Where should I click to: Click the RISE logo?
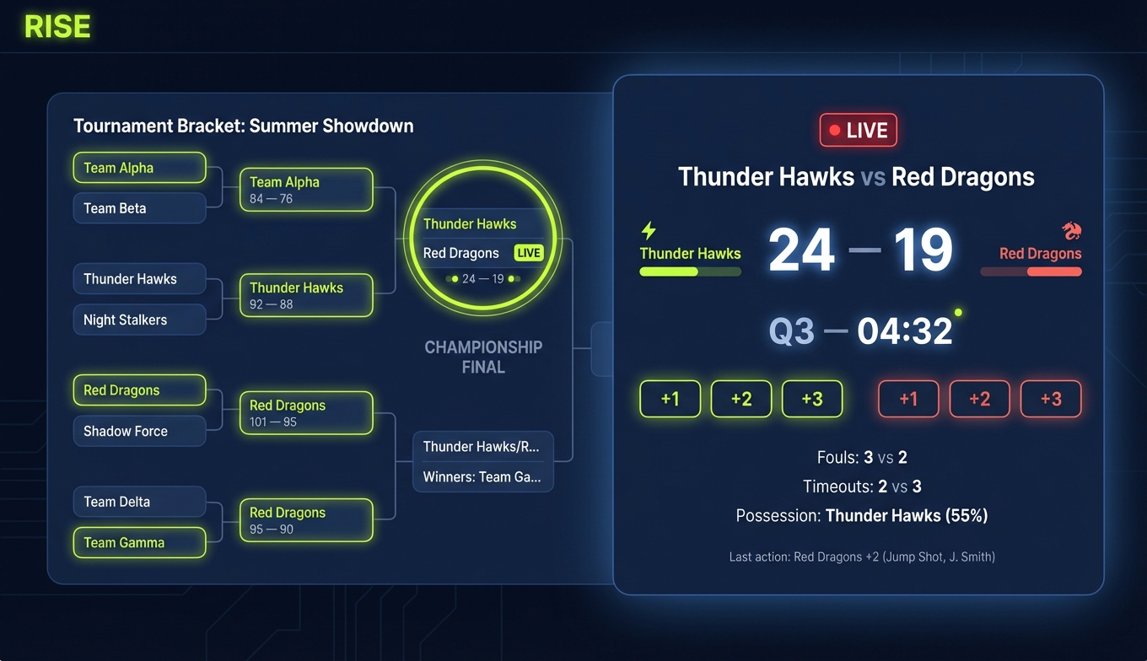pos(57,27)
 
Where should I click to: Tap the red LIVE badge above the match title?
pos(858,131)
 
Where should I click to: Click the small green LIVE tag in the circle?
pos(529,253)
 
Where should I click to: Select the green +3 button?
pos(811,399)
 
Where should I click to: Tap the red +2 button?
pos(979,399)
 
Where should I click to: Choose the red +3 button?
pos(1050,399)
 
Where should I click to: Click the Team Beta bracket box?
pos(139,208)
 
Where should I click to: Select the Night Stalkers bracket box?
pos(139,320)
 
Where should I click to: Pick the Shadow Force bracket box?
pos(139,431)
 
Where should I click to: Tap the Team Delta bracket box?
pos(139,502)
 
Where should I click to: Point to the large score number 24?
pos(802,251)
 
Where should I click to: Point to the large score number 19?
pos(923,251)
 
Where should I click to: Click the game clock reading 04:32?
pos(904,331)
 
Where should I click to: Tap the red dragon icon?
pos(1071,231)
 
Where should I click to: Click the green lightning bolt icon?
pos(649,231)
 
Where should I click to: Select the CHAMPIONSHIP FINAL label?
pos(483,357)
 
